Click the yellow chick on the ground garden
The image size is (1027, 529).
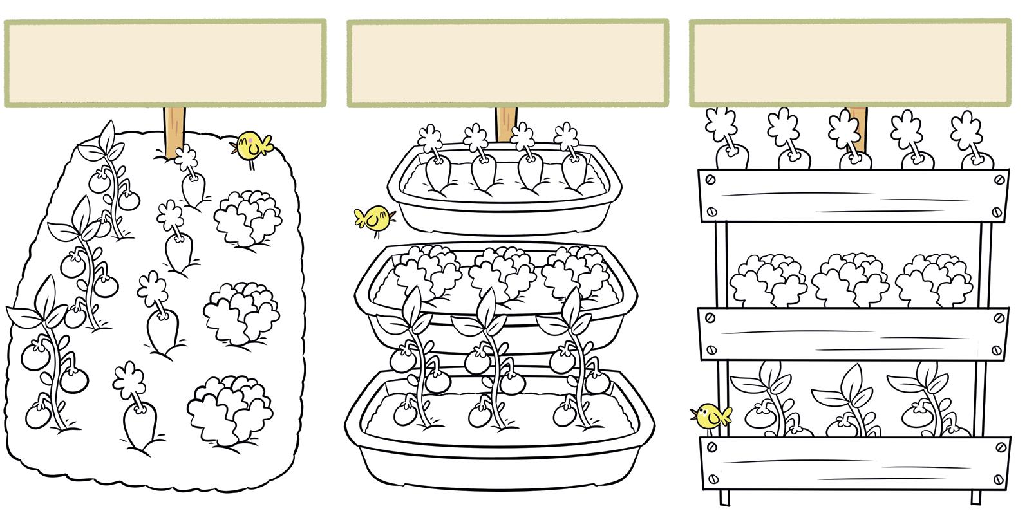pos(252,147)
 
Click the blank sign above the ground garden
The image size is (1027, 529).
pos(165,63)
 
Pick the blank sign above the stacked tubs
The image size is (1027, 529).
pos(507,63)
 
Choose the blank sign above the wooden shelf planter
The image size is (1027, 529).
pos(851,63)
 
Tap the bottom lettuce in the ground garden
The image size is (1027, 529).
pos(229,410)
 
